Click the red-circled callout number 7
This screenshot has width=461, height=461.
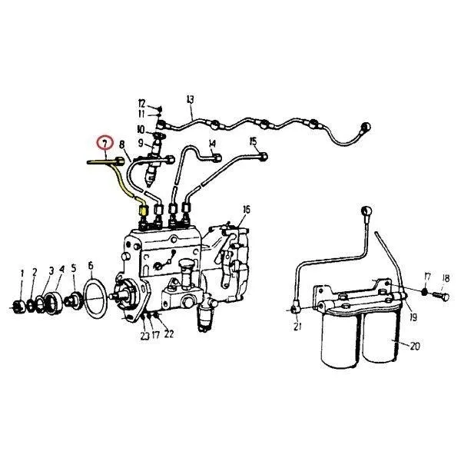[105, 143]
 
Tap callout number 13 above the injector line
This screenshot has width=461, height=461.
[191, 99]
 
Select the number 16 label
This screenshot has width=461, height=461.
[247, 210]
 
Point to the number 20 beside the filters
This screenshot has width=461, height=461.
[415, 347]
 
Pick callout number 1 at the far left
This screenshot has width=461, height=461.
[22, 274]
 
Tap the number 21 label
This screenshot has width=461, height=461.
[297, 326]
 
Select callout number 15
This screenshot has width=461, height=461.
[253, 141]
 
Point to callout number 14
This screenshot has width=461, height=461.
[212, 144]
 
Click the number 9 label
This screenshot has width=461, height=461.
[141, 143]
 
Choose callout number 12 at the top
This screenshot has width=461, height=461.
[141, 104]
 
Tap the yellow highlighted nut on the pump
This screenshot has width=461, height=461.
[143, 211]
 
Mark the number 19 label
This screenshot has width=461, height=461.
[413, 317]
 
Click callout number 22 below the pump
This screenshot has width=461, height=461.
[169, 334]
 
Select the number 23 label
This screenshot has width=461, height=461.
[145, 336]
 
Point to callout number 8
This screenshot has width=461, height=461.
[122, 144]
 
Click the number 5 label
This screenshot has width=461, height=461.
[74, 268]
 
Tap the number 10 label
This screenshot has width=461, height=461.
[141, 129]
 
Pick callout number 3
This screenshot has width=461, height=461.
[51, 270]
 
